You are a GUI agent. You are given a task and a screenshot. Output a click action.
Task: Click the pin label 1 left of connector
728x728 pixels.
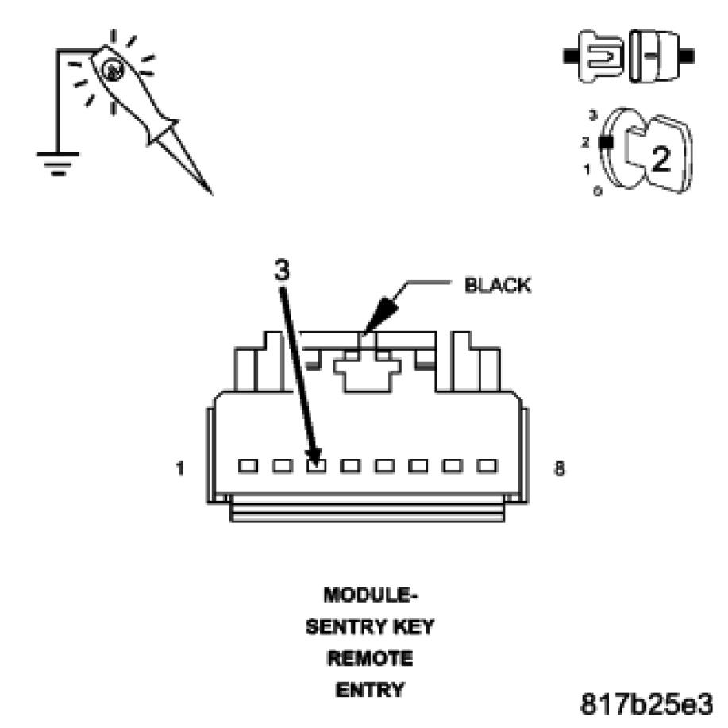tap(181, 469)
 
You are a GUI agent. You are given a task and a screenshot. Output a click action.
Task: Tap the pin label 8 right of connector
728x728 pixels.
tap(560, 469)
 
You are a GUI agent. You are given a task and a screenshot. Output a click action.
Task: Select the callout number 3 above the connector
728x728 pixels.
tap(282, 271)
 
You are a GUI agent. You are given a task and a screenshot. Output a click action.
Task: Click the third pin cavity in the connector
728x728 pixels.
tap(316, 465)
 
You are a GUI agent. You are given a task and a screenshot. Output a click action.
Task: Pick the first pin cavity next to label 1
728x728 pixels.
tap(248, 465)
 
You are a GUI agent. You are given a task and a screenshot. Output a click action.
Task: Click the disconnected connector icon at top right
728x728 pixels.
tap(630, 57)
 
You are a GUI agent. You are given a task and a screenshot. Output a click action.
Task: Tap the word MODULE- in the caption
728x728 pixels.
tap(370, 595)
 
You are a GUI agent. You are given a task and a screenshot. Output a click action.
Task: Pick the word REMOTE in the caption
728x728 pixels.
tap(370, 658)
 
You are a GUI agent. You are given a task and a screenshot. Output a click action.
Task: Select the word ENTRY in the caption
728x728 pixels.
tap(369, 691)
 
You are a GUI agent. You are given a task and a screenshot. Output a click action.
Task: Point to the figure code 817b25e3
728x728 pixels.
tap(648, 703)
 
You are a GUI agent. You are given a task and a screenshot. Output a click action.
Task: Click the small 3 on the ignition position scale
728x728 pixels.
tap(592, 116)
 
